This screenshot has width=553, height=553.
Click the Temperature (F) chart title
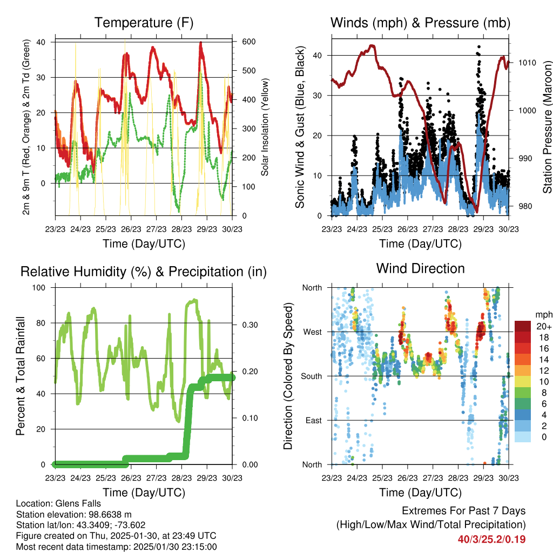144,23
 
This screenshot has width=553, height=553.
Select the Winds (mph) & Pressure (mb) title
420,23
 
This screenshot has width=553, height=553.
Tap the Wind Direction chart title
420,268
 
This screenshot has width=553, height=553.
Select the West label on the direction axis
312,332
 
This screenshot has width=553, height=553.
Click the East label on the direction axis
313,420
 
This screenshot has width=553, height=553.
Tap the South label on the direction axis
311,376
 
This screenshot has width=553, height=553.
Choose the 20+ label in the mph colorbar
543,326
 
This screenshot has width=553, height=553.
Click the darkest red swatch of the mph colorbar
522,326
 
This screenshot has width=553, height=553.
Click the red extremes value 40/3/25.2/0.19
491,539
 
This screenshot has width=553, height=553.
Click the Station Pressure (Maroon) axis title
547,127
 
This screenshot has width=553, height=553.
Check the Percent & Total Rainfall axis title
20,376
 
